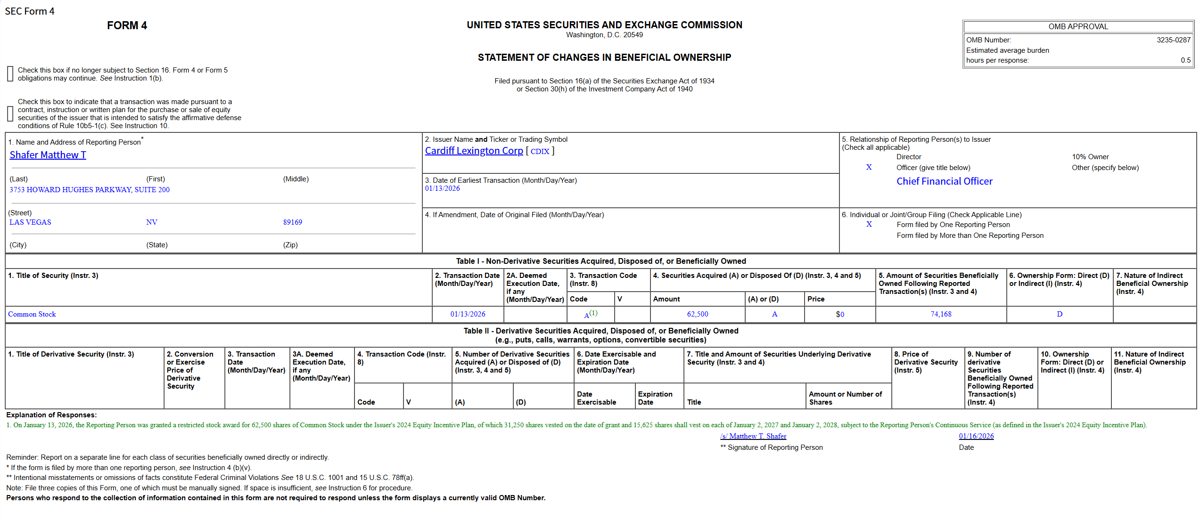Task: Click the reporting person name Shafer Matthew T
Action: pos(48,155)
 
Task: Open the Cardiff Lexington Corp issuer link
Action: pos(474,151)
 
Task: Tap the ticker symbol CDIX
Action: pos(540,151)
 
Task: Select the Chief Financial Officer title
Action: pos(944,181)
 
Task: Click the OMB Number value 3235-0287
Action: pos(1173,40)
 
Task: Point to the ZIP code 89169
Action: pos(292,222)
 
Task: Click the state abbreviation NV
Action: pos(151,222)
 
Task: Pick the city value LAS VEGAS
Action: pos(30,222)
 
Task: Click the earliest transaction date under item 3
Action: pos(442,188)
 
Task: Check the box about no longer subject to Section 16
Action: pos(10,74)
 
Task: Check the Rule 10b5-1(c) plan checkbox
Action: pos(10,114)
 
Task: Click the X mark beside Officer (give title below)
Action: pos(869,167)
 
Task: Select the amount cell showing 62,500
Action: pos(697,314)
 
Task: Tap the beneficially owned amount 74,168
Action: pos(941,314)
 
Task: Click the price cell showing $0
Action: pos(839,314)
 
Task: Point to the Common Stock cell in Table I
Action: pos(32,314)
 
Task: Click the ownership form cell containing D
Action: pos(1059,314)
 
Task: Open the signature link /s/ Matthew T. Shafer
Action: pos(753,436)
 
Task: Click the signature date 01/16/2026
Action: pos(976,436)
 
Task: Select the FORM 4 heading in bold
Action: pos(127,25)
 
